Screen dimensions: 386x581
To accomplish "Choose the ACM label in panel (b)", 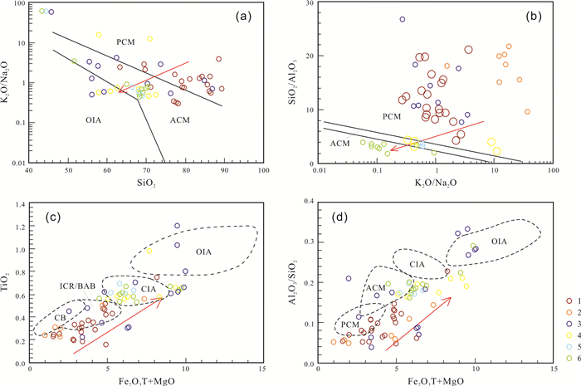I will [x=339, y=144].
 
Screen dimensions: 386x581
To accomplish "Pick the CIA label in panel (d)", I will [x=423, y=264].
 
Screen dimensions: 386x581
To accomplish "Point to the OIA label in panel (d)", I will [x=498, y=242].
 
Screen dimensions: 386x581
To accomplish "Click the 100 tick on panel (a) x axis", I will [x=262, y=172].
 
